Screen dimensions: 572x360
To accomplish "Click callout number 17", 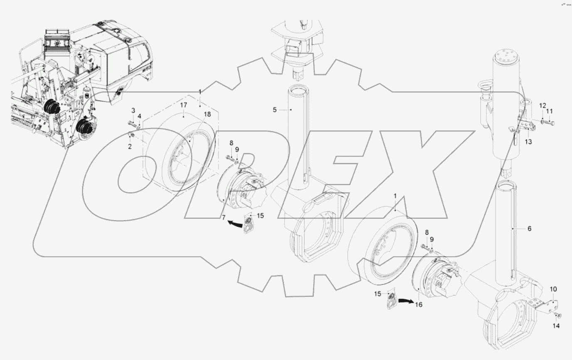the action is [184, 105].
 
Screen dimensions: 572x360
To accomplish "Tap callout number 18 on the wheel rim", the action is [207, 114].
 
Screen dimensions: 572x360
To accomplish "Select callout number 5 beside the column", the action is [275, 110].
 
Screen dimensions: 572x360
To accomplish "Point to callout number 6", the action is [529, 228].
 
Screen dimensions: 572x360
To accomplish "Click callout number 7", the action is [224, 218].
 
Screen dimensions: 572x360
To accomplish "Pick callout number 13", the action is [528, 142].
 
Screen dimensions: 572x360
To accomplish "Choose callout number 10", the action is [553, 289].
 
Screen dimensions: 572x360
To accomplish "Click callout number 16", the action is [419, 305].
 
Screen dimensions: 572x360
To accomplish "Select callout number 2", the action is [130, 147].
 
